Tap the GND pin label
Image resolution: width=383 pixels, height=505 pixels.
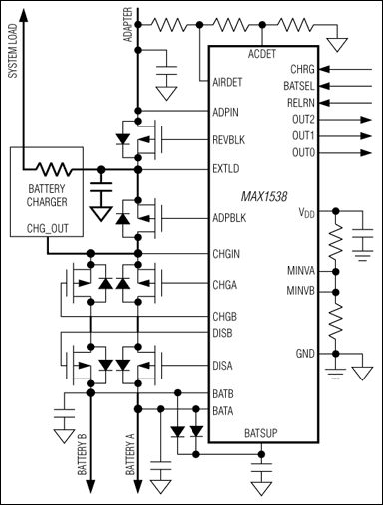point(304,354)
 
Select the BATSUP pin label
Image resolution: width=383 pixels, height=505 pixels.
point(264,433)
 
